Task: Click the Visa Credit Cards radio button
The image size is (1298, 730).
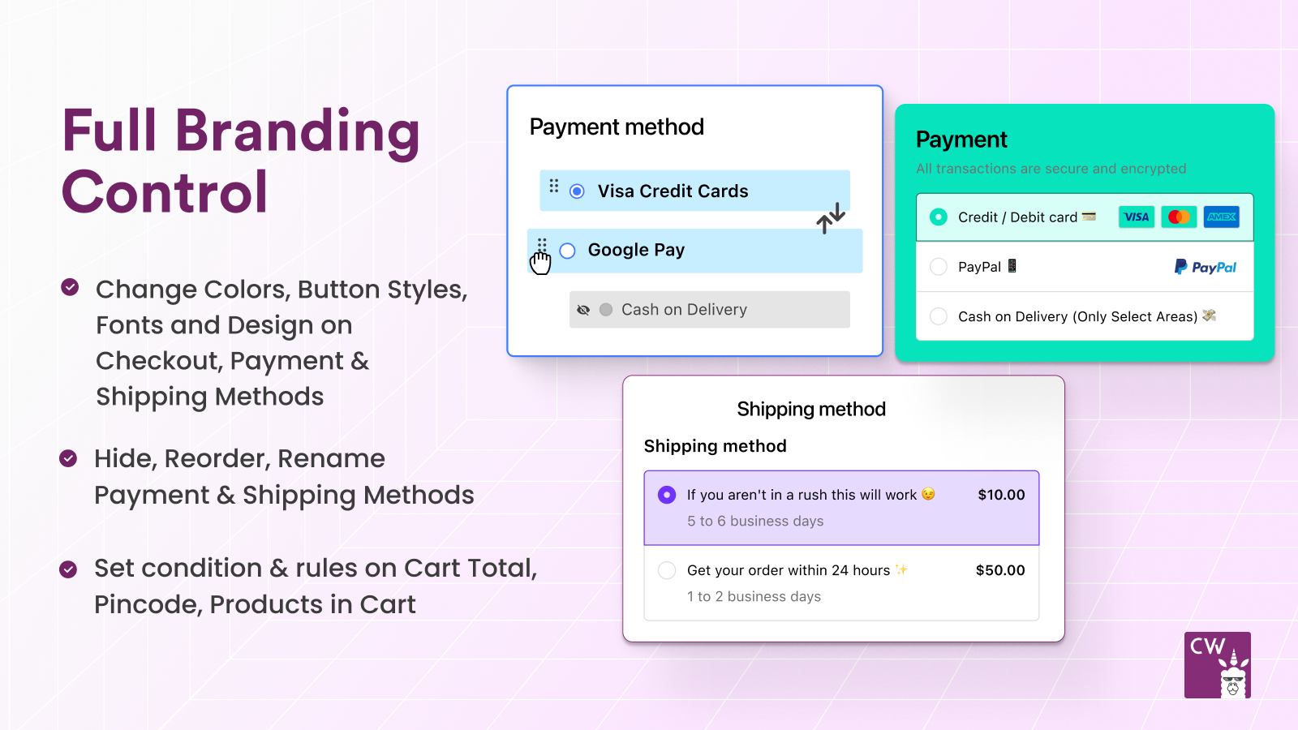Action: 577,191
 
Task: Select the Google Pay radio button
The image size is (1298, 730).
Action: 568,251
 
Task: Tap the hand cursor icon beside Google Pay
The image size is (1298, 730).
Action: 540,262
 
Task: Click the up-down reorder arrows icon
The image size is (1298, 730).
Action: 831,218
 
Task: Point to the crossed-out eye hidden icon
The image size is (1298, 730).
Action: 583,310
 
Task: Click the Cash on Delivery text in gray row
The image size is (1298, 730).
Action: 684,310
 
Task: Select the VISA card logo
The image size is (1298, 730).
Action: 1137,217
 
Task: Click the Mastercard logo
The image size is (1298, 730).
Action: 1179,217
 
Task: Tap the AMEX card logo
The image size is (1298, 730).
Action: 1221,217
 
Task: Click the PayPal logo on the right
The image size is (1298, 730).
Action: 1206,267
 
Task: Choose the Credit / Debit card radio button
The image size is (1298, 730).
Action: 939,217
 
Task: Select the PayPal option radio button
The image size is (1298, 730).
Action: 939,267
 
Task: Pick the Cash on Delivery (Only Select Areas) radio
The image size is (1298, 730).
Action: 939,316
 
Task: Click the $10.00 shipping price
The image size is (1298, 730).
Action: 1001,495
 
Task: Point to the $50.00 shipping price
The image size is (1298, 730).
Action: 1000,570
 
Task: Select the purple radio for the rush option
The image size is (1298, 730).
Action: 667,495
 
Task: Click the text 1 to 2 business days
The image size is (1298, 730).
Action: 754,596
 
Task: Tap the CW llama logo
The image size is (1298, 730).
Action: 1217,665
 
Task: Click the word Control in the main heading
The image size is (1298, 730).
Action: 165,193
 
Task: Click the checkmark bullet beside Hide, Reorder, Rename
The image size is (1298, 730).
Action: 69,459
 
